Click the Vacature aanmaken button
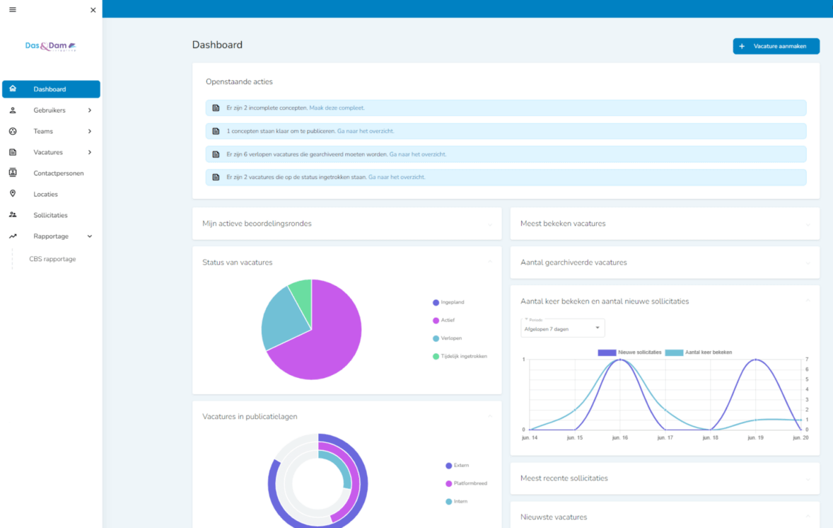776,46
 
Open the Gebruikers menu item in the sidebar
50,110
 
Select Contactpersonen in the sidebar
58,173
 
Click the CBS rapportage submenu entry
52,259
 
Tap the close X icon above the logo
93,10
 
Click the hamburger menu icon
13,10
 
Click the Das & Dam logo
50,47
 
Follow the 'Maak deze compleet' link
337,108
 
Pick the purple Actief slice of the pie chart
325,340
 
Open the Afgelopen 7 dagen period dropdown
562,328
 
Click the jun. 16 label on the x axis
620,438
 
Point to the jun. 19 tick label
756,438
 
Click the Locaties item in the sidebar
45,194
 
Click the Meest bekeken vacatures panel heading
563,224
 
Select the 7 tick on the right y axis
807,360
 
